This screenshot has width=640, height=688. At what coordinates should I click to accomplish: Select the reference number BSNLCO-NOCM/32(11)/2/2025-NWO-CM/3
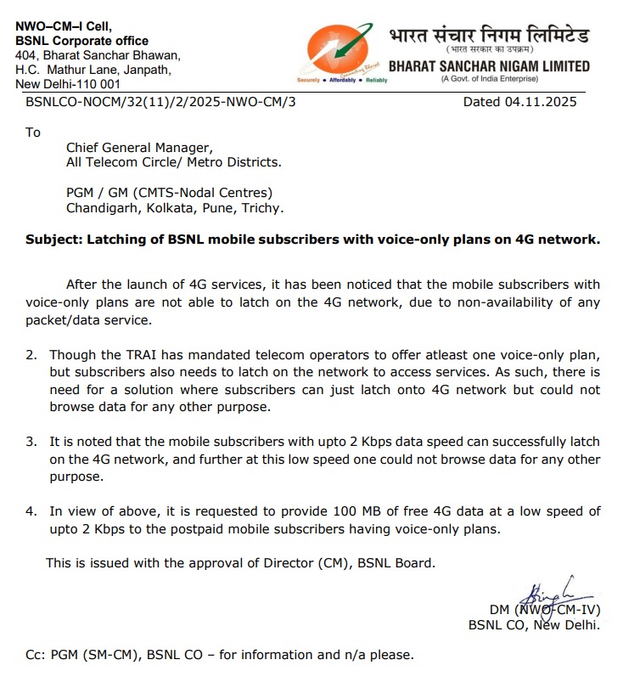(x=161, y=102)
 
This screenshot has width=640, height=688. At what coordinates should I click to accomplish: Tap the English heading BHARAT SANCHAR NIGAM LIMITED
(x=488, y=66)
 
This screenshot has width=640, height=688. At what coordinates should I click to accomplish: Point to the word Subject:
(x=53, y=240)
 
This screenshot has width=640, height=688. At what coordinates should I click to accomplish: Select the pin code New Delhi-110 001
(x=68, y=84)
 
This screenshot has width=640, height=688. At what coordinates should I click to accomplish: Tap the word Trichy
(x=262, y=207)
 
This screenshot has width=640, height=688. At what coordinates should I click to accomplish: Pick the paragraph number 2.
(x=31, y=354)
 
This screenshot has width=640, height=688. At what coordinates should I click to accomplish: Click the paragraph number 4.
(x=31, y=511)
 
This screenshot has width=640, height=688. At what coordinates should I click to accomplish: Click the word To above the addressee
(x=33, y=133)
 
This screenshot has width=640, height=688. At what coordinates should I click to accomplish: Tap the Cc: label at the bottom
(x=36, y=655)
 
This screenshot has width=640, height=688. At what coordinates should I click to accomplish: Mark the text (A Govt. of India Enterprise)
(x=489, y=80)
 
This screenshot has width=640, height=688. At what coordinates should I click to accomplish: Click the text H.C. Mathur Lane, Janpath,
(x=93, y=70)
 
